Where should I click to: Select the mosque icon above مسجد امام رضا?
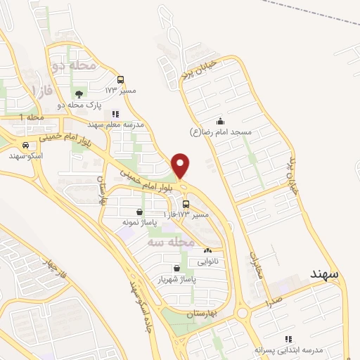(x=220, y=120)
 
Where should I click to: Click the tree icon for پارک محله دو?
(x=79, y=94)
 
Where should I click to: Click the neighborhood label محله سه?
(x=171, y=241)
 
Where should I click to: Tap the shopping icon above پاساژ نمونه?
(x=139, y=212)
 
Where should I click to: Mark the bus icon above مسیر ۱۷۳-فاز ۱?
(x=186, y=204)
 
